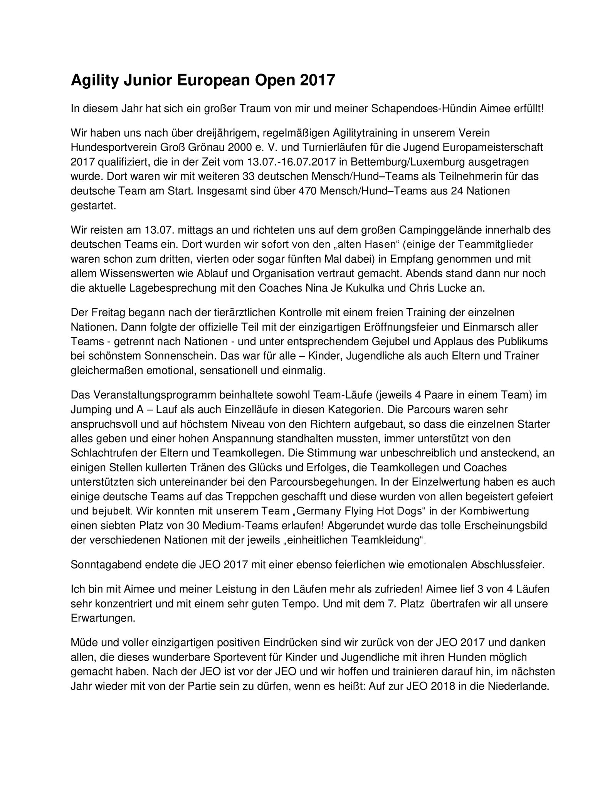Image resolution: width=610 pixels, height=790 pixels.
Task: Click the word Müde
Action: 82,643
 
